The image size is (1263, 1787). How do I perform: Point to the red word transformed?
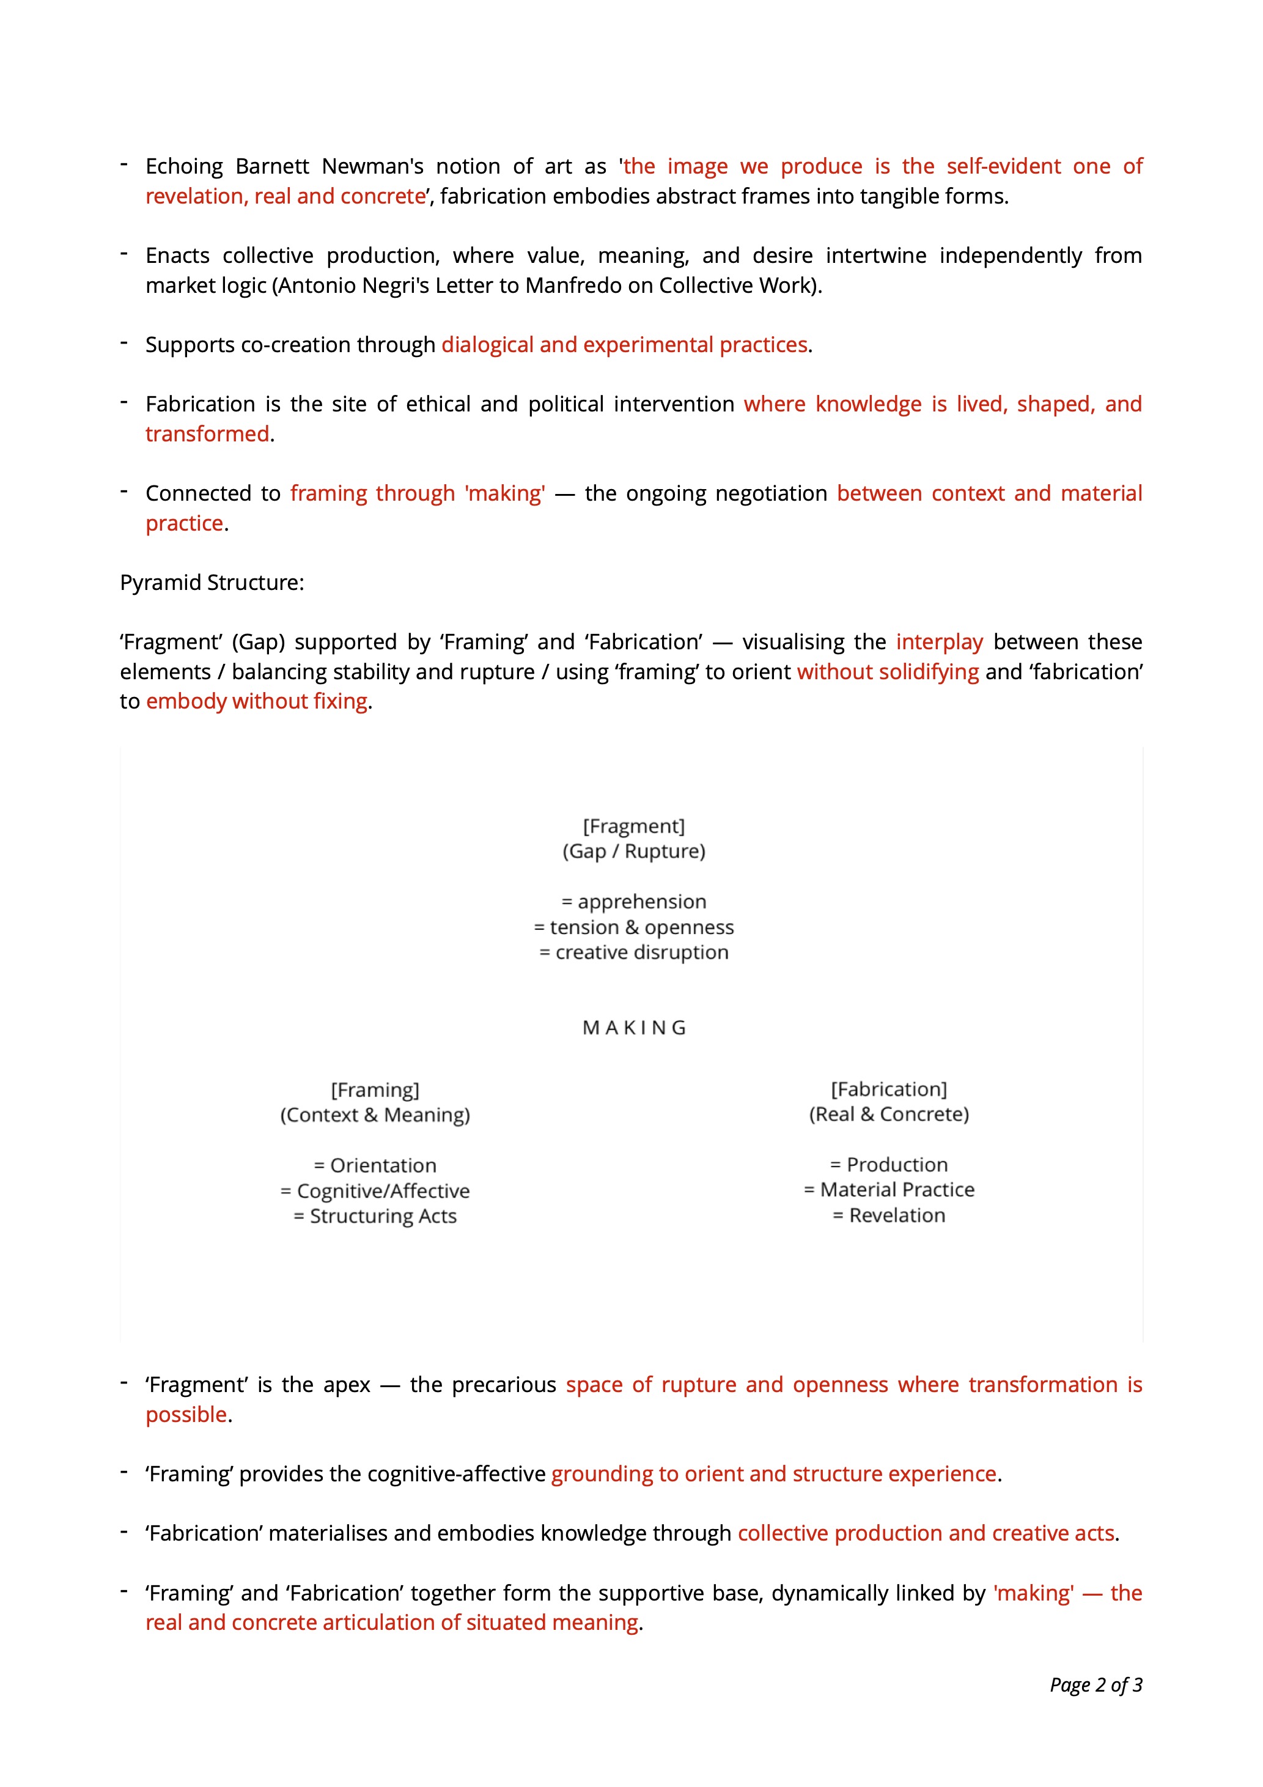(x=207, y=433)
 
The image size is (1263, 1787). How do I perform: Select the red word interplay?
(x=939, y=642)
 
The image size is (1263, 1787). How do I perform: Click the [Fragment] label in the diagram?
(x=633, y=826)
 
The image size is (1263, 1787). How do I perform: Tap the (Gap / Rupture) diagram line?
(x=633, y=852)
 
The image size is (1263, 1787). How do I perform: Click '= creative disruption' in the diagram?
(x=633, y=952)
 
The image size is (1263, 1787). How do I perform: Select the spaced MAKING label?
(x=633, y=1028)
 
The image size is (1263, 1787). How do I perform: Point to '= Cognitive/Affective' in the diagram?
(x=375, y=1191)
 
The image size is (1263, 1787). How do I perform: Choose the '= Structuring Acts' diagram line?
(x=375, y=1217)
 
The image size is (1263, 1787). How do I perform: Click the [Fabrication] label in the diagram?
(x=889, y=1089)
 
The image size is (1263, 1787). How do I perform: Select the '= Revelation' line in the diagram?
(x=889, y=1216)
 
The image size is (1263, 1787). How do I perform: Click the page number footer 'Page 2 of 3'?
(x=1095, y=1685)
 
